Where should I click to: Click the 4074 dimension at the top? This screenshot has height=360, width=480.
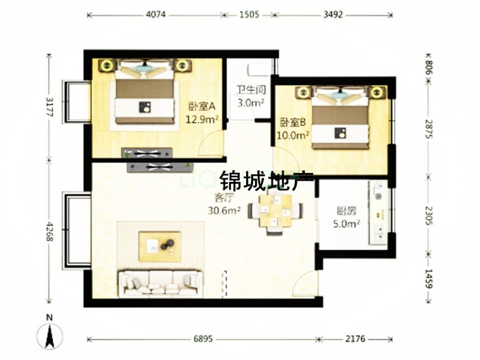[x=156, y=14]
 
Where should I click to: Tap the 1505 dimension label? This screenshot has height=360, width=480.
[x=249, y=14]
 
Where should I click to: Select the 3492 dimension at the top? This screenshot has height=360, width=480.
[x=333, y=14]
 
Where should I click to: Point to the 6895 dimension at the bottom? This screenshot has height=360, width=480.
[x=203, y=339]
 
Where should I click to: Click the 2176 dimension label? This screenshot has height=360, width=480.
[x=356, y=339]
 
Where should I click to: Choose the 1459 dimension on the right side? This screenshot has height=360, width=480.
[x=429, y=279]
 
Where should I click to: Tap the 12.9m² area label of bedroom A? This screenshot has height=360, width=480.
[x=202, y=119]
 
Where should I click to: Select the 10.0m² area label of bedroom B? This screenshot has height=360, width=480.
[x=292, y=135]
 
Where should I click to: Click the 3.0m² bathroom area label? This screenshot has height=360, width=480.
[x=251, y=102]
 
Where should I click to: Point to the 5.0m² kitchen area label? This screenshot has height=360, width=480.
[x=347, y=224]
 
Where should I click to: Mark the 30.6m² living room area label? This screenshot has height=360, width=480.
[x=224, y=210]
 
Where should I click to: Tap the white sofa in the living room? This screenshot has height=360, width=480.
[x=161, y=284]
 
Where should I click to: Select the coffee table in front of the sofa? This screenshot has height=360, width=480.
[x=160, y=247]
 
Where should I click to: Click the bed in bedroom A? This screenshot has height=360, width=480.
[x=145, y=92]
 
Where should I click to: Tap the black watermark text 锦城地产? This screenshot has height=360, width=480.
[x=267, y=181]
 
